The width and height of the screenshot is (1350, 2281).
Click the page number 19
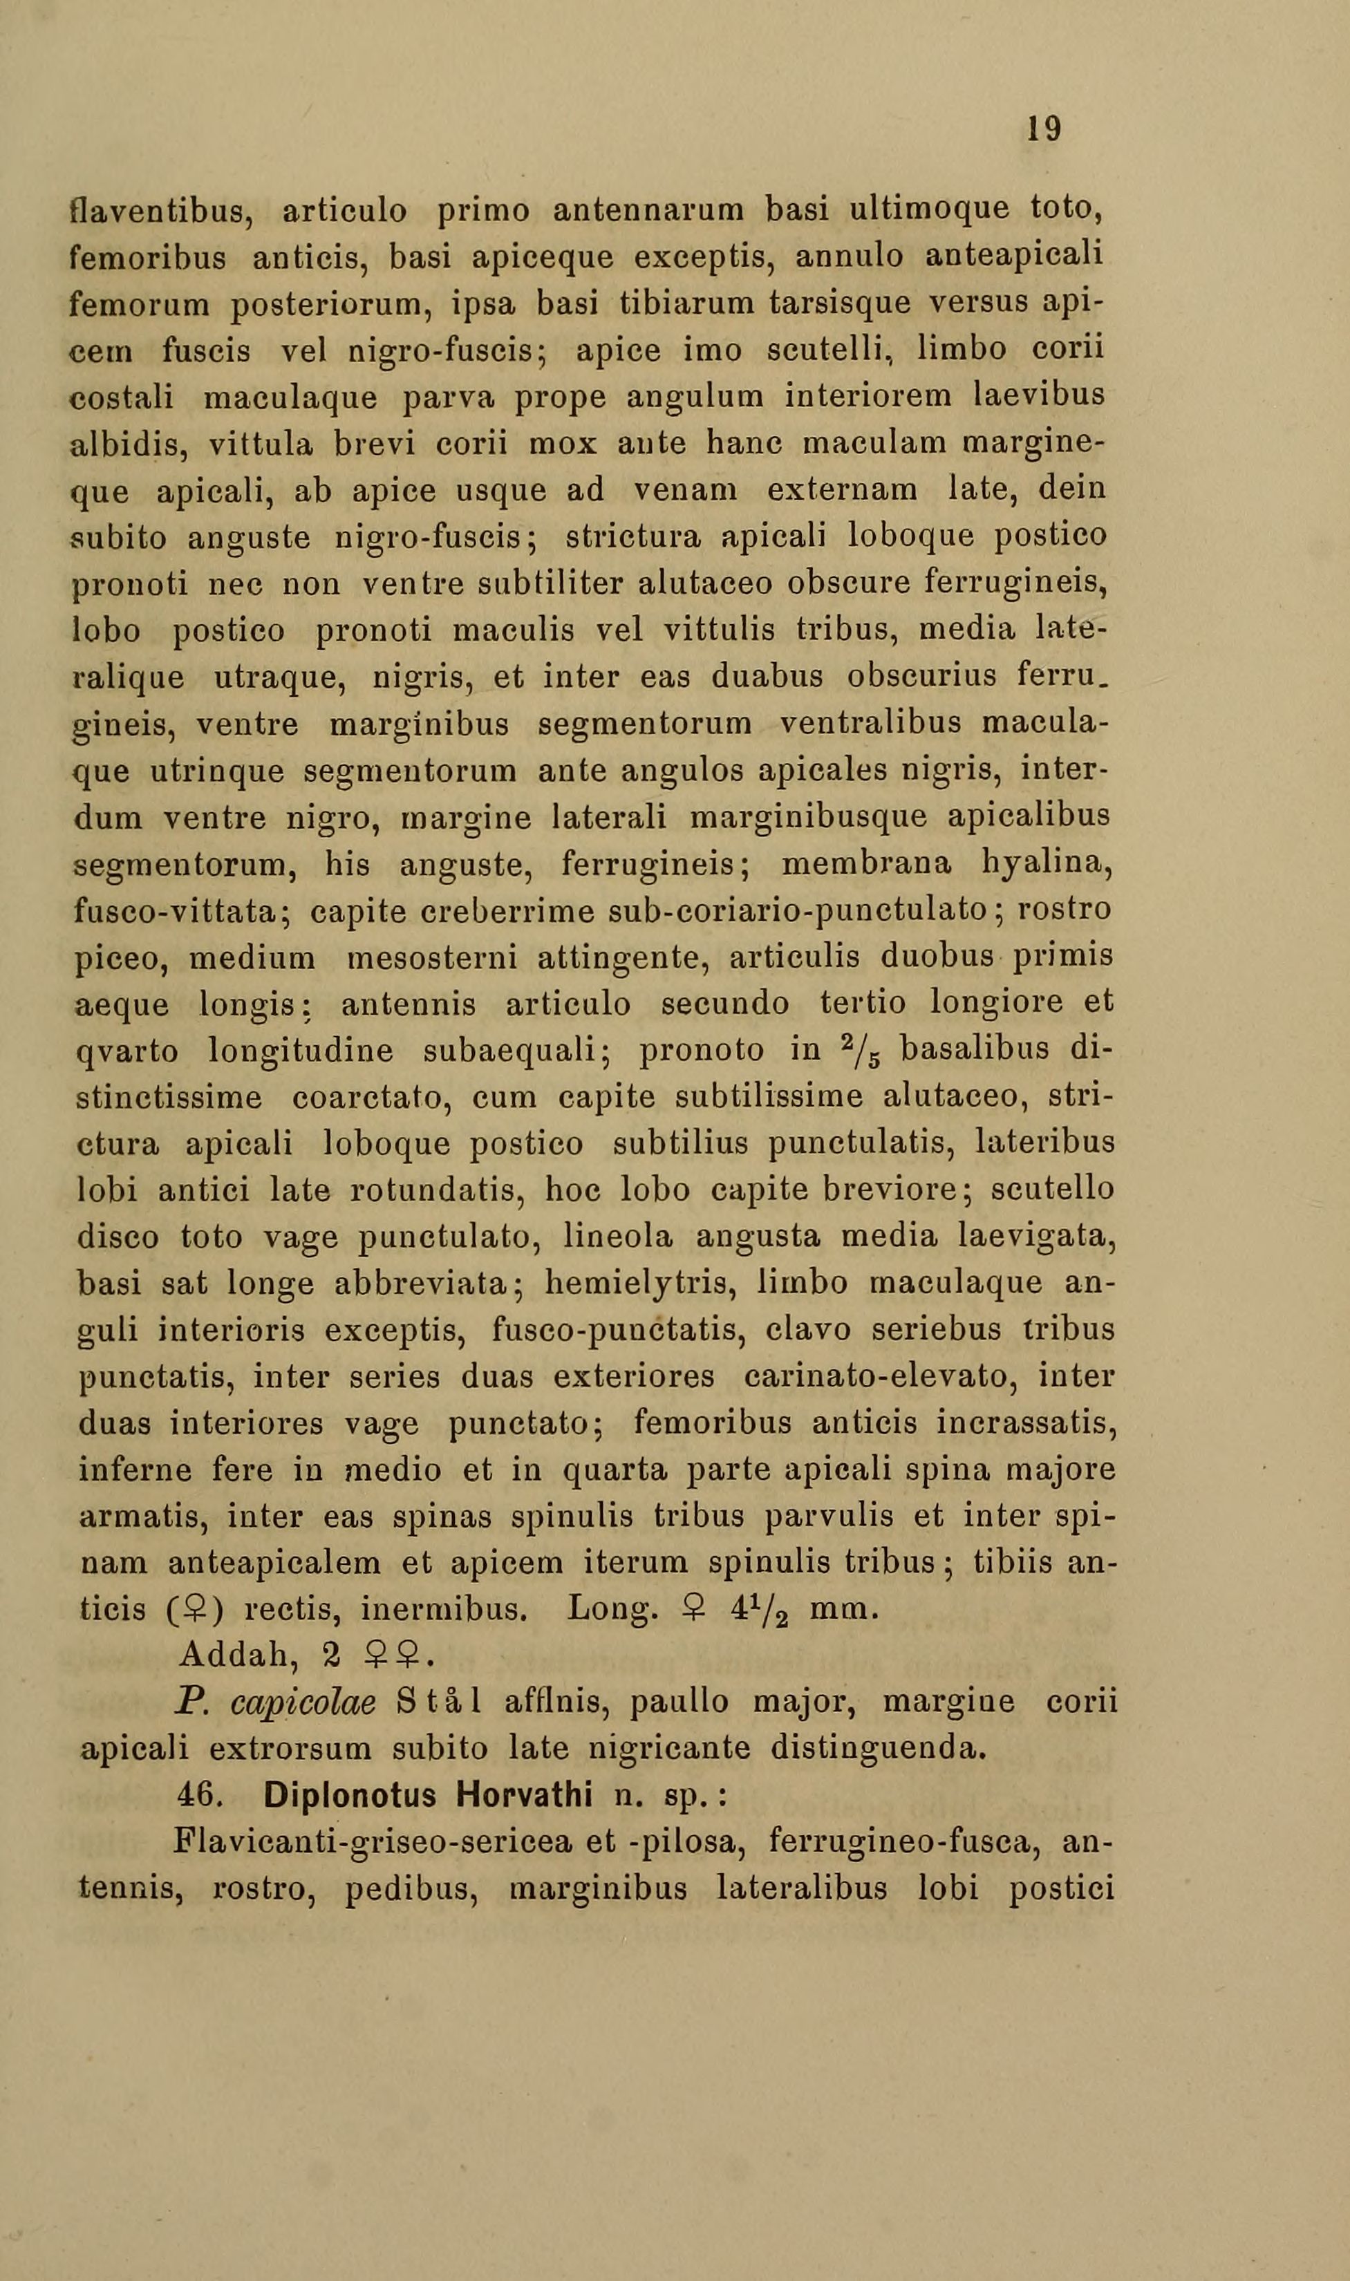pos(1043,129)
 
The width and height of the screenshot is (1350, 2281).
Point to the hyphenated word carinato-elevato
pos(875,1377)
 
